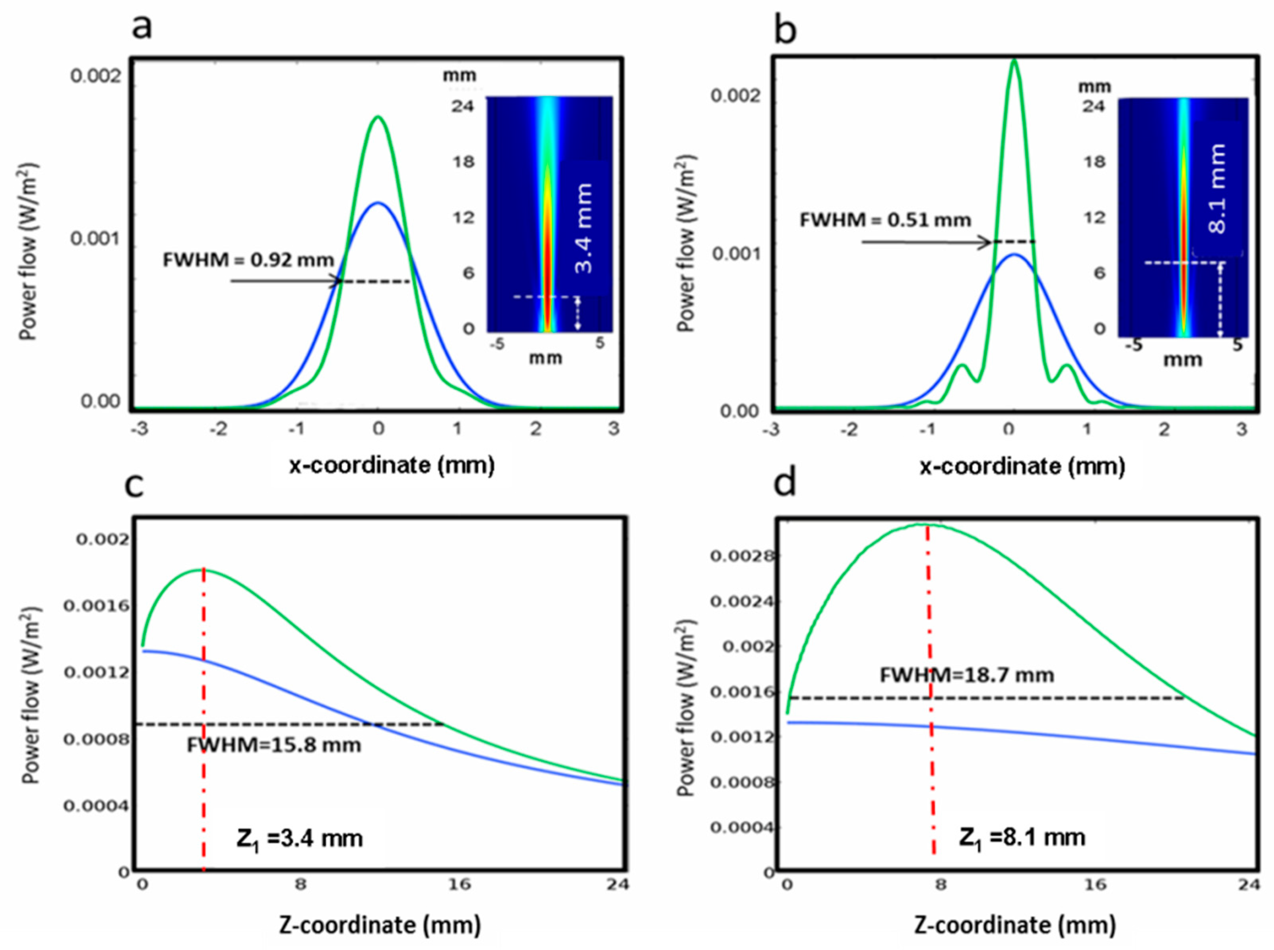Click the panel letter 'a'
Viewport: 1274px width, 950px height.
(142, 26)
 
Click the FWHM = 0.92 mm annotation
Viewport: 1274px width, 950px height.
(248, 261)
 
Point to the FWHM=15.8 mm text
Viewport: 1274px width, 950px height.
(274, 746)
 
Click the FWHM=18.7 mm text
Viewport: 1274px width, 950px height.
(967, 675)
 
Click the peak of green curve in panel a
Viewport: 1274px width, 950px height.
(378, 117)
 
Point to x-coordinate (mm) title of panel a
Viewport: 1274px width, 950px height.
(391, 465)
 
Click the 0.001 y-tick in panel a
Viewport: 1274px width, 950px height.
(95, 238)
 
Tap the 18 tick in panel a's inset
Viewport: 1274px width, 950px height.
(463, 162)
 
